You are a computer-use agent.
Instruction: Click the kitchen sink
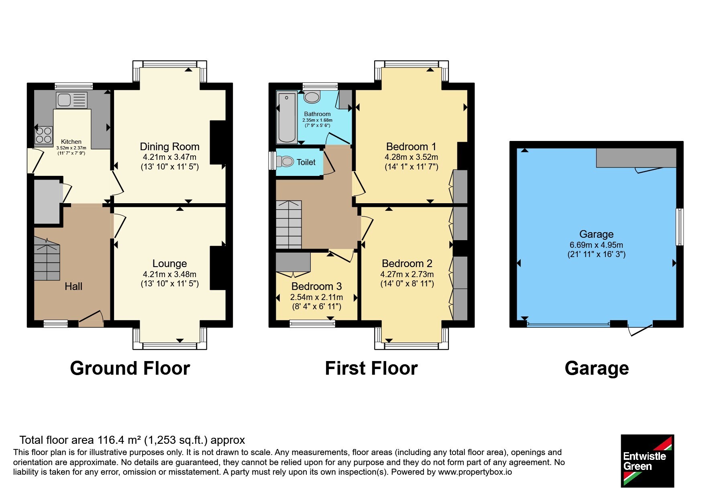pos(72,100)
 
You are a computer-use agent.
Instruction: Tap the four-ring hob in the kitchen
pos(44,135)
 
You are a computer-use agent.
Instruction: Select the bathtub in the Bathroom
pos(287,117)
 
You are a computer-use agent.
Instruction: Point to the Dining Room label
pos(169,147)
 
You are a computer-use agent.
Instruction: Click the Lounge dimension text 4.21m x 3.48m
pos(169,274)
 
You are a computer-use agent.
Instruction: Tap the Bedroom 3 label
pos(316,286)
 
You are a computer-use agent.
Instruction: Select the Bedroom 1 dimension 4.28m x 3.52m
pos(411,157)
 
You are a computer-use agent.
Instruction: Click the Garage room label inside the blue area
pos(596,234)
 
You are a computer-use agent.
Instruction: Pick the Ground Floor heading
pos(130,368)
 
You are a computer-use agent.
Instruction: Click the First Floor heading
pos(371,368)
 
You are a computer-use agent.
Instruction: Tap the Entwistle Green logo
pos(647,461)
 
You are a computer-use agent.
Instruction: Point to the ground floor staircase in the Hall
pos(47,258)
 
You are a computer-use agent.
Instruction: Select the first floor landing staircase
pos(289,224)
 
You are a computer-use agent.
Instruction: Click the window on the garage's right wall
pos(680,227)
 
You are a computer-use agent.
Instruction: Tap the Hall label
pos(73,286)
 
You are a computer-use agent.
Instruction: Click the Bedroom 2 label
pos(407,263)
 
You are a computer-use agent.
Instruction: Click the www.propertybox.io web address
pos(475,472)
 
